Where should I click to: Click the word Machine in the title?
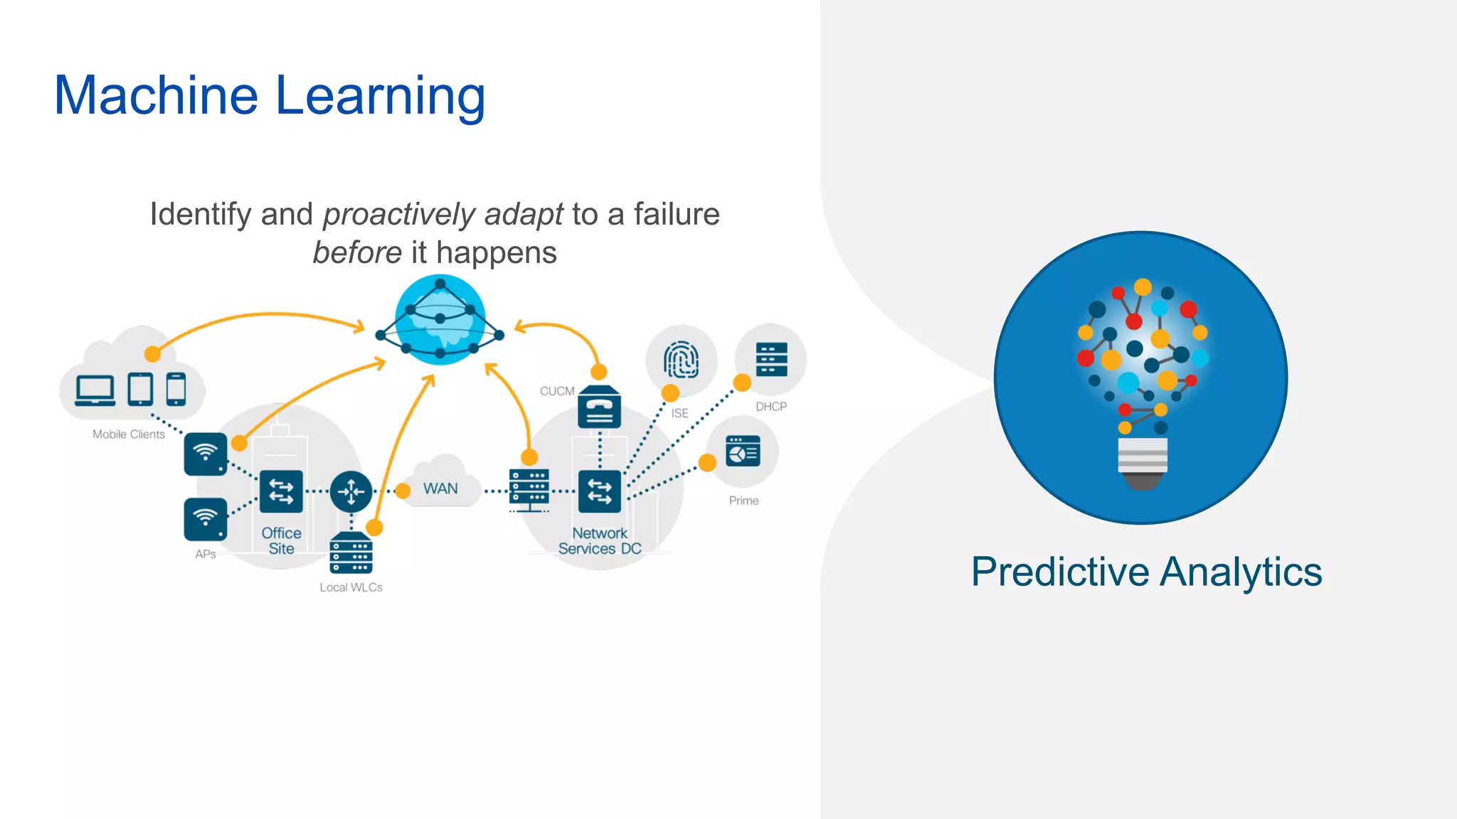tap(156, 95)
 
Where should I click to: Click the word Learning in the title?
tap(380, 97)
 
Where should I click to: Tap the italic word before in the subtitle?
tap(357, 253)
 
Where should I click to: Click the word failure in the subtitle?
tap(676, 214)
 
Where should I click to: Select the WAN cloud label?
tap(440, 488)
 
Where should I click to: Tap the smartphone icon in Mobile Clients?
tap(176, 389)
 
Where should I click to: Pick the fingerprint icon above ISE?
tap(681, 360)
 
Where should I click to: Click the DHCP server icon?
tap(771, 360)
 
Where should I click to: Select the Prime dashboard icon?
tap(743, 451)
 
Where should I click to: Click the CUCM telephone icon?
tap(599, 408)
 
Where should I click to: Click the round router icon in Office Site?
tap(351, 491)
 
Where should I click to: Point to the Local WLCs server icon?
tap(351, 554)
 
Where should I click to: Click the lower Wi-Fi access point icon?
tap(206, 519)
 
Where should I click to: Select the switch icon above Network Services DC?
tap(599, 491)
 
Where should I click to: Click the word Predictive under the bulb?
tap(1060, 572)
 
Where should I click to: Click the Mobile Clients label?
tap(129, 434)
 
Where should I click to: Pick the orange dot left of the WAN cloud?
tap(403, 491)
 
